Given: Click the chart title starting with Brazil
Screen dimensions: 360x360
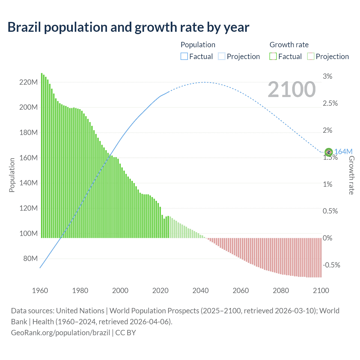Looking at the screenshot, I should (128, 27).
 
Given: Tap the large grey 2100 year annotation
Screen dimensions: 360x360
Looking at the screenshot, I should (292, 89).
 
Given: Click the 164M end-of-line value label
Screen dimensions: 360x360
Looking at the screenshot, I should (343, 152).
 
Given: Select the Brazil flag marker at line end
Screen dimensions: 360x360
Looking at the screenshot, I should (328, 152).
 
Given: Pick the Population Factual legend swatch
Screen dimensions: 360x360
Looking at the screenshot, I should (184, 57).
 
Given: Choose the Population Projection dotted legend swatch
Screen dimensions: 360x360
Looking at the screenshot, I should (222, 57).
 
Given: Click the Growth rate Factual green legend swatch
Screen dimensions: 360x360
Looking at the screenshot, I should (273, 57).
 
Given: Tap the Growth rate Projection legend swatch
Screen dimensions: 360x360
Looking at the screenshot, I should (310, 57).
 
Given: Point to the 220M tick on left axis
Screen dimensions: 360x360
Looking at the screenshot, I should (28, 82).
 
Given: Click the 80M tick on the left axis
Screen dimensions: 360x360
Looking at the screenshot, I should (30, 258).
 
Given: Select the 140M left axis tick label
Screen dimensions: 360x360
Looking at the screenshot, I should (28, 183).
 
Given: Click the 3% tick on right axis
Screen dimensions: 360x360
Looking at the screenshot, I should (327, 76).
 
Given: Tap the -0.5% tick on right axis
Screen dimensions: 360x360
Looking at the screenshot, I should (331, 265).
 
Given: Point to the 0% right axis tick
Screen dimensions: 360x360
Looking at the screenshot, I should (327, 238).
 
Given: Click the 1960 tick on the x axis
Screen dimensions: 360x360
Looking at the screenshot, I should (40, 291).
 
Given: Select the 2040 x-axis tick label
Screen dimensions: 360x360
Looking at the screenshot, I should (201, 291).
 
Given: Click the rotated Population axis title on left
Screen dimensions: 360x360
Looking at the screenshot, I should (12, 175).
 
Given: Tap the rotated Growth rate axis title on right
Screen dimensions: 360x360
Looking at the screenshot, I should (351, 175).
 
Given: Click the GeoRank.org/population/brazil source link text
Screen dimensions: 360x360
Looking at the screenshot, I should (60, 333).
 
